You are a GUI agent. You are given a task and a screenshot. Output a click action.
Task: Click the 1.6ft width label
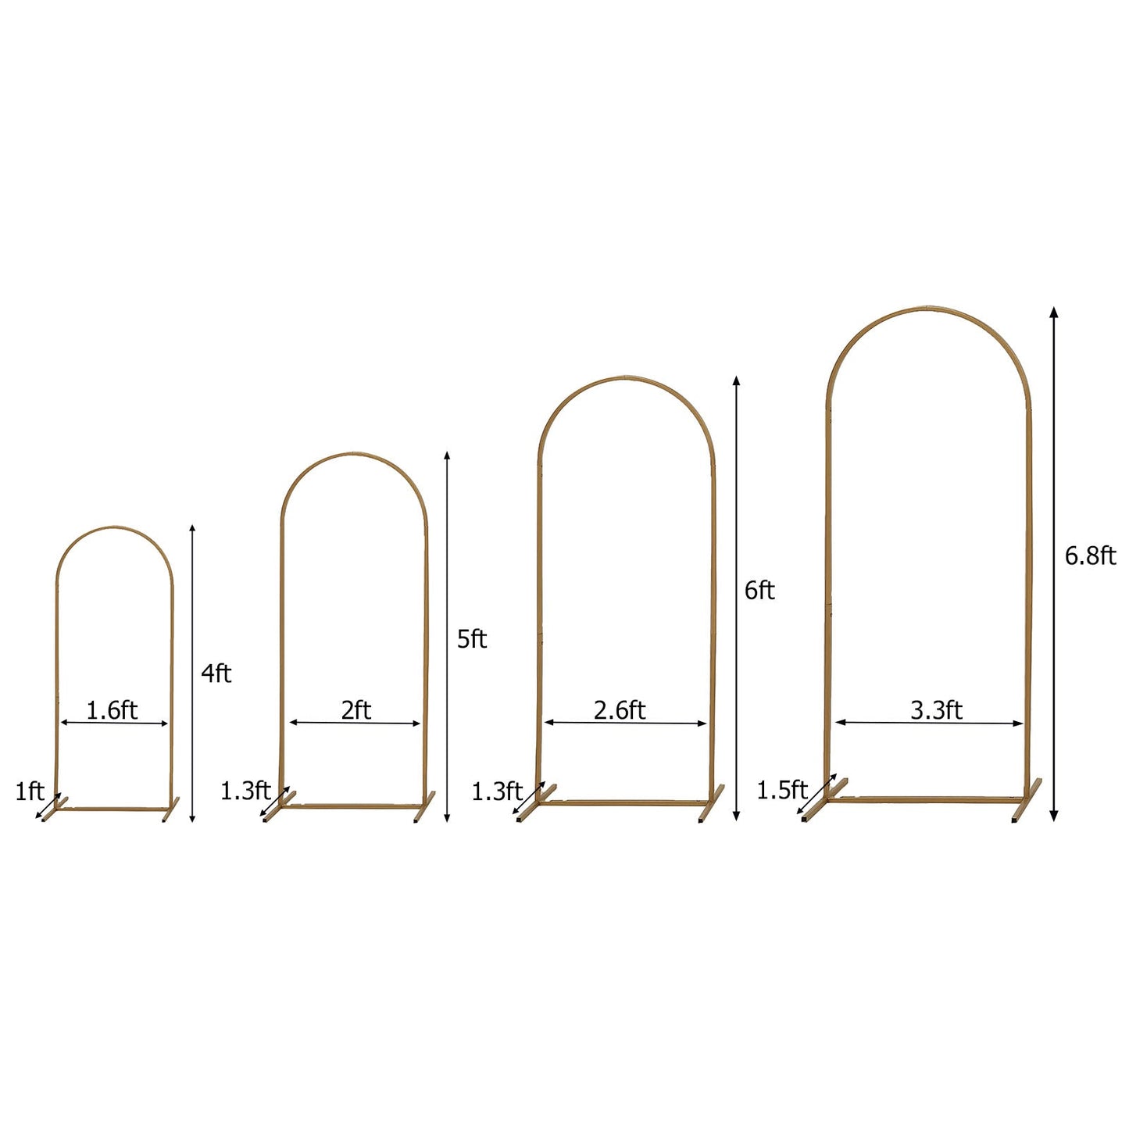point(112,710)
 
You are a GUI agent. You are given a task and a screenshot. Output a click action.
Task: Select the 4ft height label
point(216,673)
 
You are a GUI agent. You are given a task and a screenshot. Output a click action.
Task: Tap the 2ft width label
point(355,710)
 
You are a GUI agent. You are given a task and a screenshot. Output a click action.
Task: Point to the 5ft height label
point(472,639)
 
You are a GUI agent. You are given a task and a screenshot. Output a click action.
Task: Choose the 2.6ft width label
point(620,710)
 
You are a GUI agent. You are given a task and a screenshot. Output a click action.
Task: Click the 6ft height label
point(759,591)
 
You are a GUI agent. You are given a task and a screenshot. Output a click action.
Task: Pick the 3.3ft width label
point(936,710)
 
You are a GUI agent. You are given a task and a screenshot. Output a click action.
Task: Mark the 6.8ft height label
point(1090,556)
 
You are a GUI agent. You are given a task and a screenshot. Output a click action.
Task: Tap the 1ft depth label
point(30,791)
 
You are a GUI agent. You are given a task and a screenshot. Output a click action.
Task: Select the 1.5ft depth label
point(781,790)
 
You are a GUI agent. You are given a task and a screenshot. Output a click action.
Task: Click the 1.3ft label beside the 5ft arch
point(245,791)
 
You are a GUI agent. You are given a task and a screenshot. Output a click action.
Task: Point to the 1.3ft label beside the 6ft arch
point(496,791)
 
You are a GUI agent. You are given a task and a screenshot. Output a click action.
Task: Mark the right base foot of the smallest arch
point(170,809)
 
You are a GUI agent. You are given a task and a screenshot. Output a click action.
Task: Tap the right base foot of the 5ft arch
point(425,806)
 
